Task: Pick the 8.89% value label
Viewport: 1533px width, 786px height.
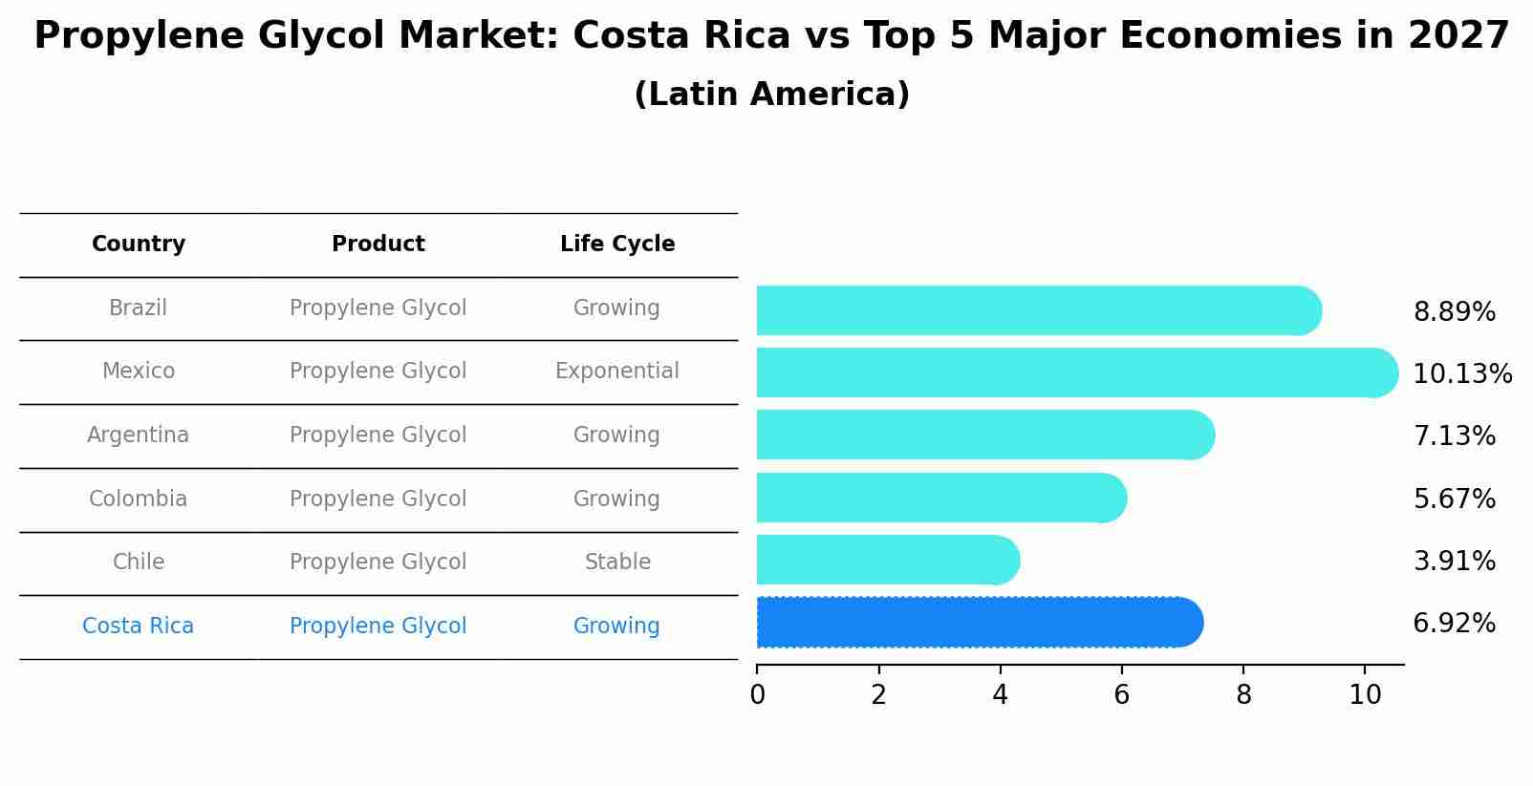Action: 1454,312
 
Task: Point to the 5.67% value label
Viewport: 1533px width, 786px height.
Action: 1454,499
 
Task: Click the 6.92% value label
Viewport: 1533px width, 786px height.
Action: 1454,624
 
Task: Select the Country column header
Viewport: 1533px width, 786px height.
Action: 139,244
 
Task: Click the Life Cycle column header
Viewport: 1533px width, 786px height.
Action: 617,244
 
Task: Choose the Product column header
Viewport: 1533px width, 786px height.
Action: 378,244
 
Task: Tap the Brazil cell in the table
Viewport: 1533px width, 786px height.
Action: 139,308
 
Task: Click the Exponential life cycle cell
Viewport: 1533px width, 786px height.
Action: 617,372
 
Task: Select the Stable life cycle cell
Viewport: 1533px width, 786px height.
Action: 617,563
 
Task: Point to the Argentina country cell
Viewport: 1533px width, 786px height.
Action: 139,435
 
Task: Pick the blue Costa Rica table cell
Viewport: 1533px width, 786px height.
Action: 139,627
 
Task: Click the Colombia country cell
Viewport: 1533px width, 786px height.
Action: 139,499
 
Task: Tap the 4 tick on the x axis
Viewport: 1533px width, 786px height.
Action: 1000,695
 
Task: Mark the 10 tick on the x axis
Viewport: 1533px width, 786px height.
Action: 1365,695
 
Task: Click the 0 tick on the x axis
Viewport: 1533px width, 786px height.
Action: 757,695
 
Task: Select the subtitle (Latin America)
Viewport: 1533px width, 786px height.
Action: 771,95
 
